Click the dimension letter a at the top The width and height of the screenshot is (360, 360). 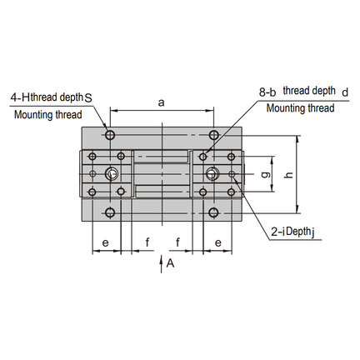tap(161, 103)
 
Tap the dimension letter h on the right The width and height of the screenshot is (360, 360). tap(289, 174)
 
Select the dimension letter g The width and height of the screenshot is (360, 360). tap(267, 174)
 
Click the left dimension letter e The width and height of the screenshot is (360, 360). tap(105, 242)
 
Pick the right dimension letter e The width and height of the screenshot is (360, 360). tap(218, 242)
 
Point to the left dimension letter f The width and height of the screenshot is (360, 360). tap(147, 242)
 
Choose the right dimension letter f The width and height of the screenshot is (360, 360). tap(177, 242)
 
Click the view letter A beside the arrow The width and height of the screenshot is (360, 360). tap(170, 263)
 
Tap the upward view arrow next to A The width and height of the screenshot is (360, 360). tap(161, 264)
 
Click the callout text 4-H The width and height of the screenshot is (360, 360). tap(20, 97)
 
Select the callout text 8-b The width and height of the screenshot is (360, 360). tap(267, 92)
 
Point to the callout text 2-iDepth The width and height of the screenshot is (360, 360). tap(290, 232)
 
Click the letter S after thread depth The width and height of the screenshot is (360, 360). tap(88, 98)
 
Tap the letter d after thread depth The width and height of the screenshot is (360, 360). tap(345, 92)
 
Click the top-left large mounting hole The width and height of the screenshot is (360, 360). tap(110, 135)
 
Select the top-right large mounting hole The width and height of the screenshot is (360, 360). tap(213, 135)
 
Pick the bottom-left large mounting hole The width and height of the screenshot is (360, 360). tap(110, 212)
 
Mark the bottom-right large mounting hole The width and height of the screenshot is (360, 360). tap(213, 212)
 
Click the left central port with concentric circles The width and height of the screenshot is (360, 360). tap(112, 174)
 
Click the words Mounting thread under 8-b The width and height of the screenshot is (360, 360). tap(300, 108)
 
